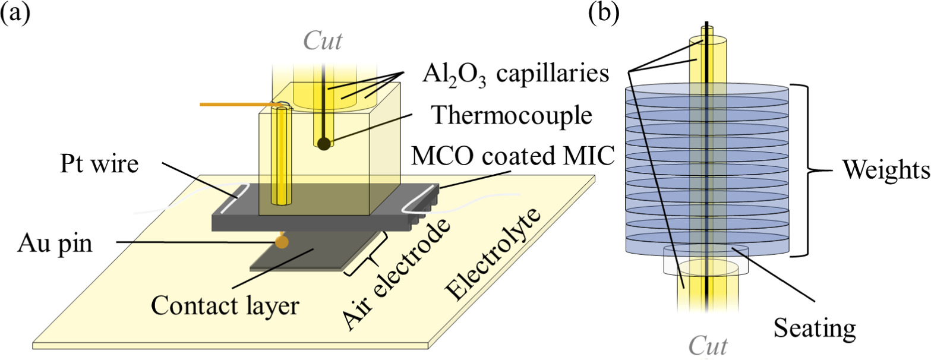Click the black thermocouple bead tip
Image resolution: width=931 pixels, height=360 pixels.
coord(323,143)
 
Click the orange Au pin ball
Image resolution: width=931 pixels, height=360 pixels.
coord(282,241)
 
